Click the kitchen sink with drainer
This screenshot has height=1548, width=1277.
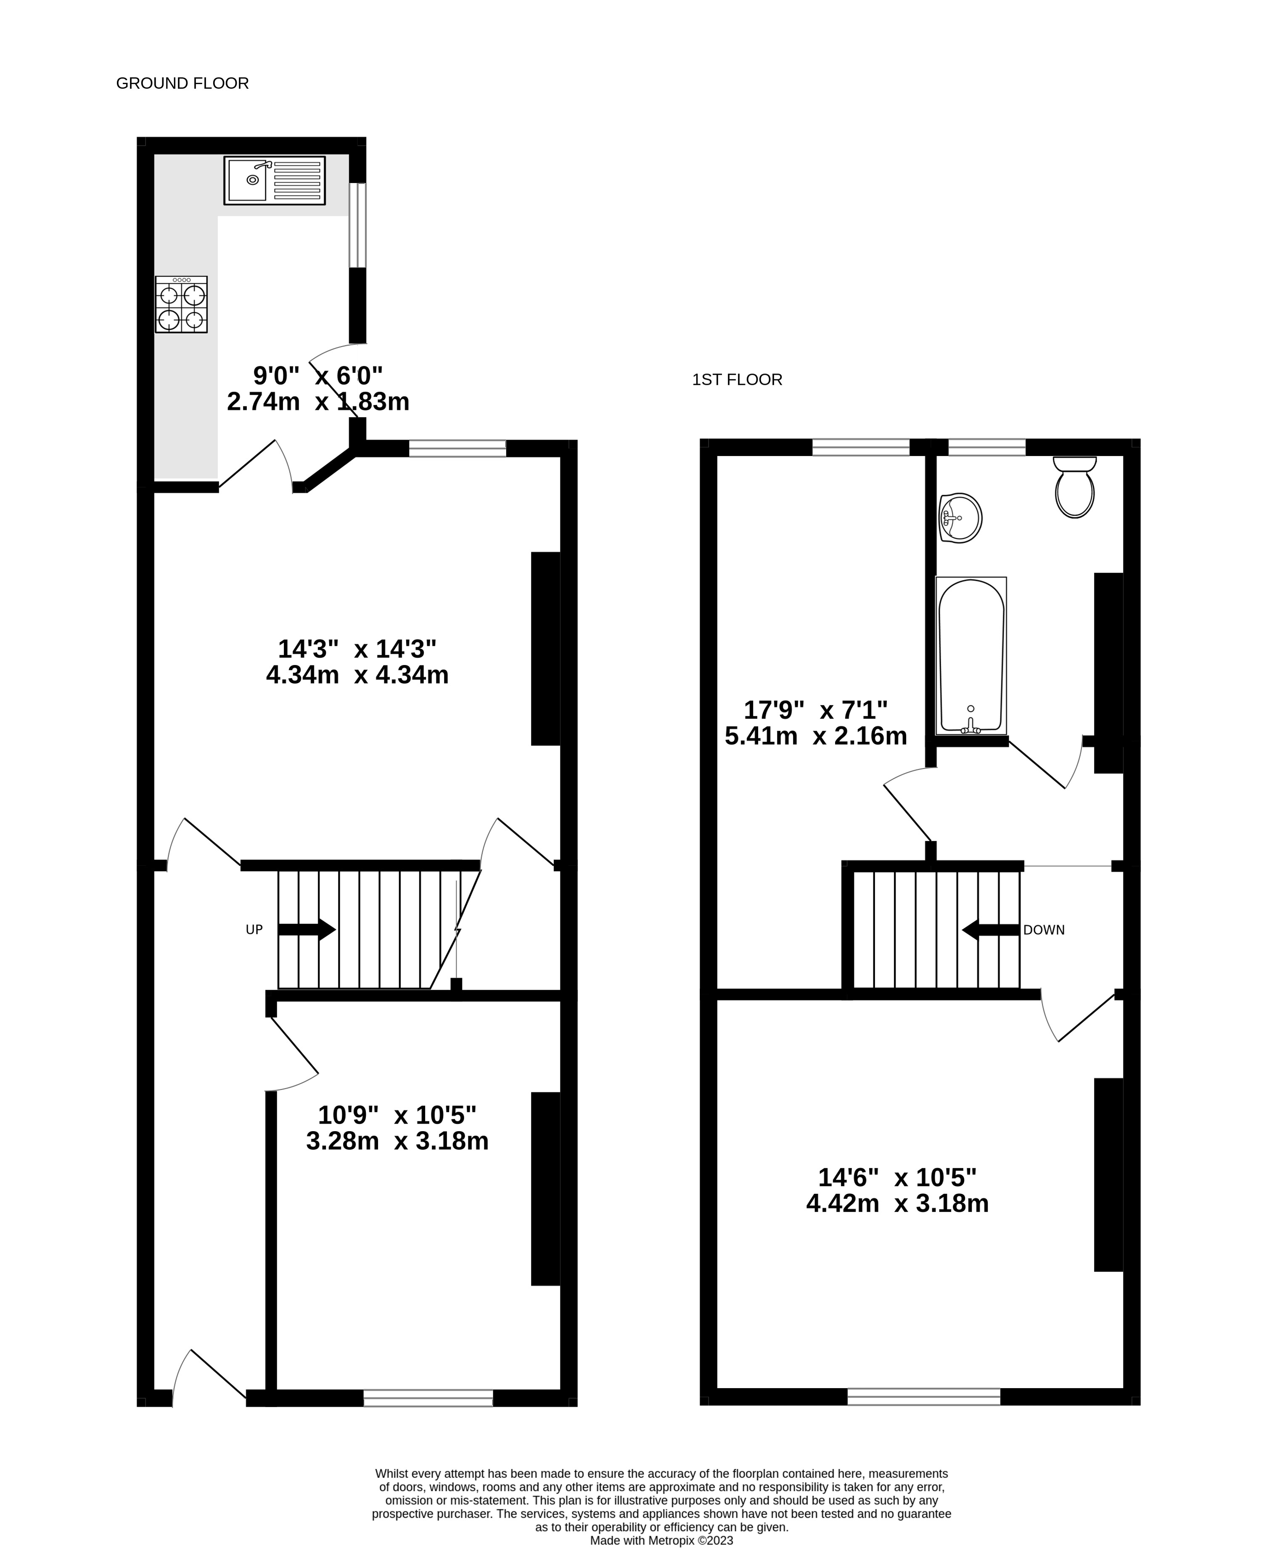tap(275, 180)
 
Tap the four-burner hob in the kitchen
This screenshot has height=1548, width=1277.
tap(181, 305)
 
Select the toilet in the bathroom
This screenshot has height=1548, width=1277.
tap(1075, 487)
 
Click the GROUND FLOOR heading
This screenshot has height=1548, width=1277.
tap(182, 84)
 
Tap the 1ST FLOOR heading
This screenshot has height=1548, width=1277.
tap(737, 380)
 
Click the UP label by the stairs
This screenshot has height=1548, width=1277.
tap(254, 930)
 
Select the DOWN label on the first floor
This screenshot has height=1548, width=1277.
tap(1044, 930)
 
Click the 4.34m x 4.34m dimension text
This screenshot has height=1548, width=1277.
tap(357, 675)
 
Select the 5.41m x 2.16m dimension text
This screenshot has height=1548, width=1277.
tap(816, 736)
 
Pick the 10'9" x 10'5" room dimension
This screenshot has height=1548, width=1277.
tap(397, 1116)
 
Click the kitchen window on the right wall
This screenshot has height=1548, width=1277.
tap(357, 225)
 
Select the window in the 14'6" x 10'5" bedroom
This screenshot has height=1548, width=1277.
tap(924, 1397)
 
